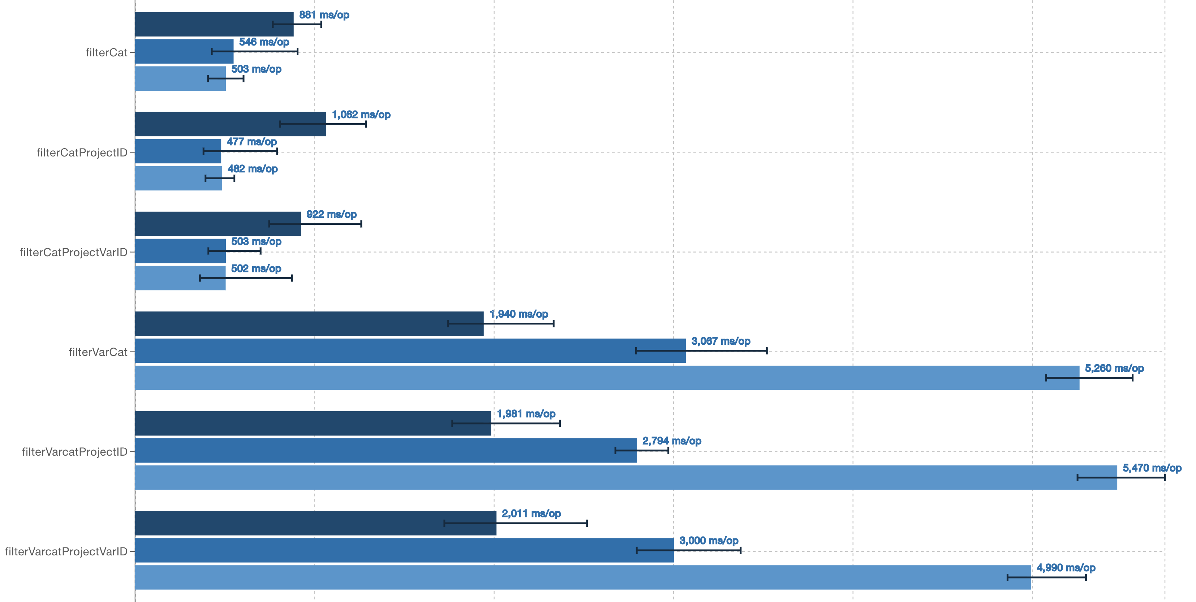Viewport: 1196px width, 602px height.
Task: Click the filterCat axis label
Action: (106, 52)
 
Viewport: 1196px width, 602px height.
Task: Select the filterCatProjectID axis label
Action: (82, 153)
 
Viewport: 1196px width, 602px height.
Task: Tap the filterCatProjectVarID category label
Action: (73, 253)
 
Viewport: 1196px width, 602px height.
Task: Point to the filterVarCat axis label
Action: (98, 352)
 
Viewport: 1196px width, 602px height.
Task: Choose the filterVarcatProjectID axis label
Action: (74, 452)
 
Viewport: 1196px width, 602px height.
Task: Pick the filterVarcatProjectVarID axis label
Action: (66, 552)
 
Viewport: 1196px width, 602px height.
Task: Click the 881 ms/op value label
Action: (324, 15)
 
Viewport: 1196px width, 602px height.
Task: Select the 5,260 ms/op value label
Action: (1114, 369)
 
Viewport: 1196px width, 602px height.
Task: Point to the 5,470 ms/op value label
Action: (1152, 468)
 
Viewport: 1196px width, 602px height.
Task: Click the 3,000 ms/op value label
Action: (709, 541)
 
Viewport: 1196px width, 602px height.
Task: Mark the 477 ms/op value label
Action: (251, 142)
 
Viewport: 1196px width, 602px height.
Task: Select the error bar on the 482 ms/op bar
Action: (220, 178)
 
